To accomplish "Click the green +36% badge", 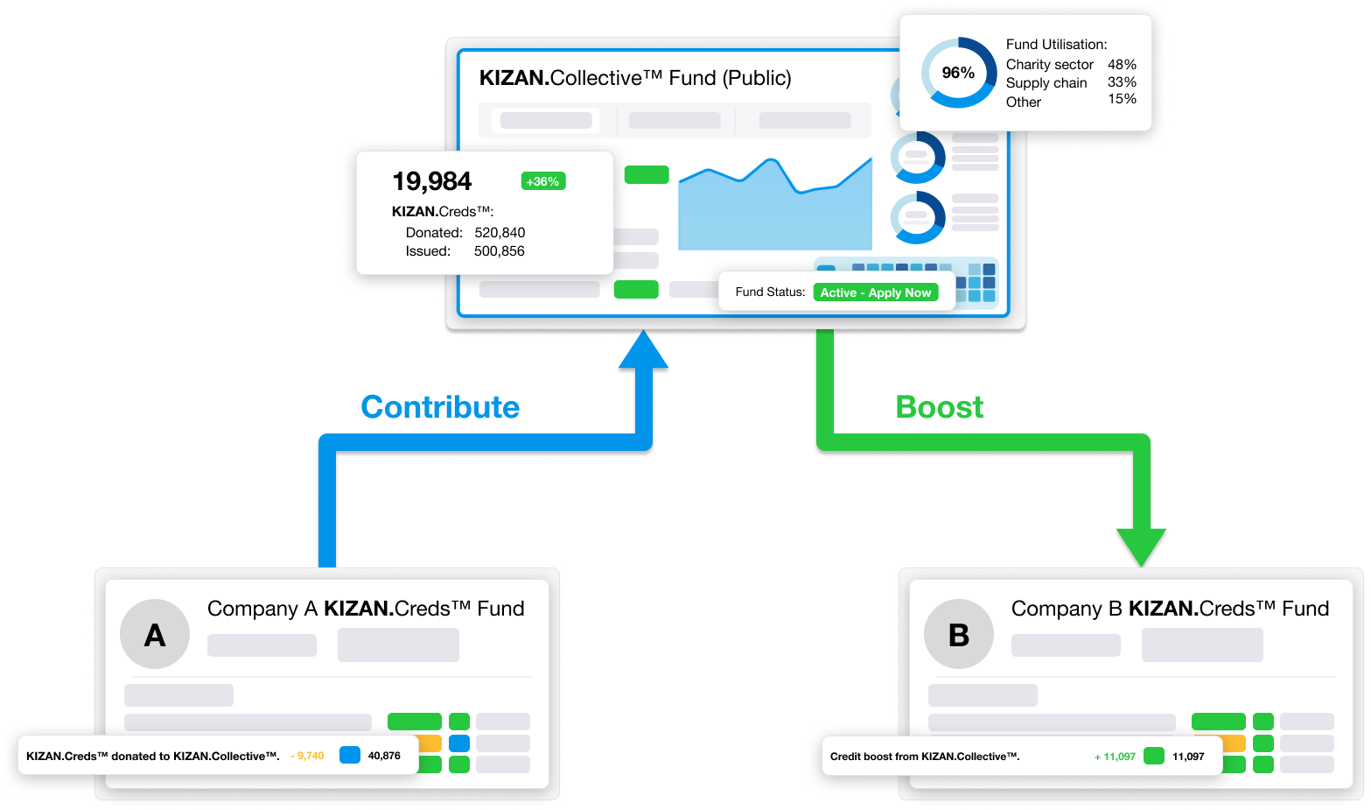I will click(x=542, y=181).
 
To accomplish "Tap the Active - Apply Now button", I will click(x=875, y=292).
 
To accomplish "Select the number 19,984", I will click(x=432, y=181).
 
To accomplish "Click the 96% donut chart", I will click(x=958, y=73).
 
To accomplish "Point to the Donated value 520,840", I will click(x=500, y=233).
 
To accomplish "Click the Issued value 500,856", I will click(x=500, y=251).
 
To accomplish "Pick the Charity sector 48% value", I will click(x=1122, y=65).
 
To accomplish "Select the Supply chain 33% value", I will click(x=1122, y=82).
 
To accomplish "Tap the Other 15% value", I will click(x=1122, y=99).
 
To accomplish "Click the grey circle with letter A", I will click(x=155, y=635).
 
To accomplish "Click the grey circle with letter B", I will click(x=959, y=635).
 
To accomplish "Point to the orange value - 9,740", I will click(x=307, y=756).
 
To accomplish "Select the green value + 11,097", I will click(x=1115, y=757).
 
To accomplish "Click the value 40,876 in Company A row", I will click(x=384, y=756).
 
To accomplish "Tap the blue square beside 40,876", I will click(x=350, y=755).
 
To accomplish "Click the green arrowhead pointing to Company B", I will click(x=1141, y=547).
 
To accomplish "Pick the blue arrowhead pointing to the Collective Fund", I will click(x=643, y=349).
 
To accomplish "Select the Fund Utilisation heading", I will click(x=1056, y=45).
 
